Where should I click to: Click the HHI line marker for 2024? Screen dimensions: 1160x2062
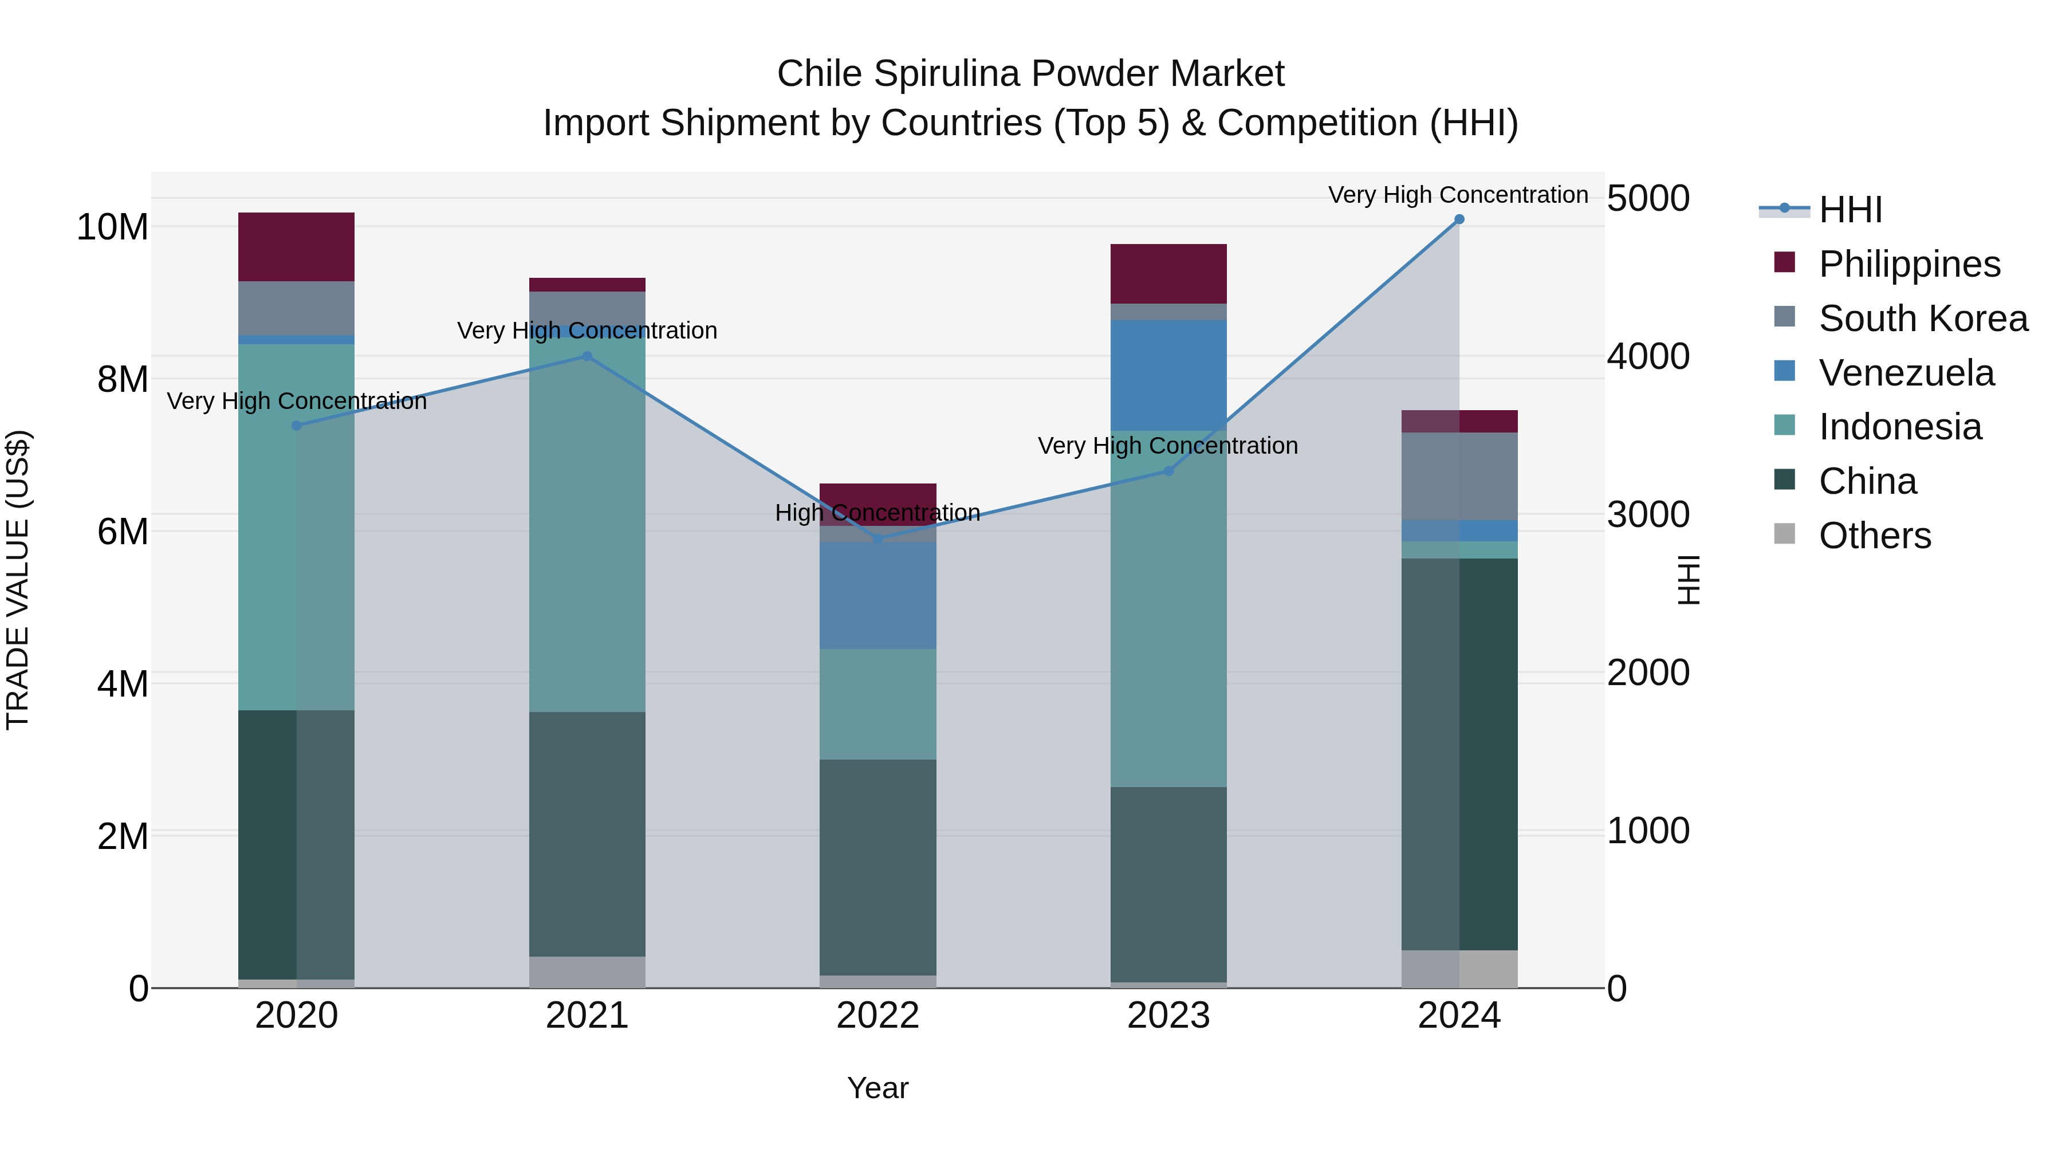click(1458, 219)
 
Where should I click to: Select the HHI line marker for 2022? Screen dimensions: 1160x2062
click(877, 540)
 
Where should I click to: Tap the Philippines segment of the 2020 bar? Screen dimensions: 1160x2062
click(296, 246)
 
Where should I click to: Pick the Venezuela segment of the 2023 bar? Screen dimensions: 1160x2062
click(1168, 375)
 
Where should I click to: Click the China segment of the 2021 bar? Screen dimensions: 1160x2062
click(587, 833)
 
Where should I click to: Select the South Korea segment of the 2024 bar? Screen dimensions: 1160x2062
click(1458, 477)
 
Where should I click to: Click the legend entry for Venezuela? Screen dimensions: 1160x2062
click(1905, 373)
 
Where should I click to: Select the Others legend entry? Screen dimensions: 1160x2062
click(1873, 536)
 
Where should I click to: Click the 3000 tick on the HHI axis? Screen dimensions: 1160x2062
click(1647, 515)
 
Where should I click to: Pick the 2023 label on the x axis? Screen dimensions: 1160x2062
click(1168, 1016)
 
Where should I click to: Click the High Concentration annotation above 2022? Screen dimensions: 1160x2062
click(877, 512)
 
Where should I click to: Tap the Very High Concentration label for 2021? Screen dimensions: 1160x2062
click(587, 331)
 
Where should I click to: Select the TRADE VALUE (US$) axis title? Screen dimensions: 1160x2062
click(18, 580)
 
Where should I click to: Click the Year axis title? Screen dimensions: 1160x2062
click(877, 1088)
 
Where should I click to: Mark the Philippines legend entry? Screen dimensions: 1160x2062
click(1908, 264)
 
